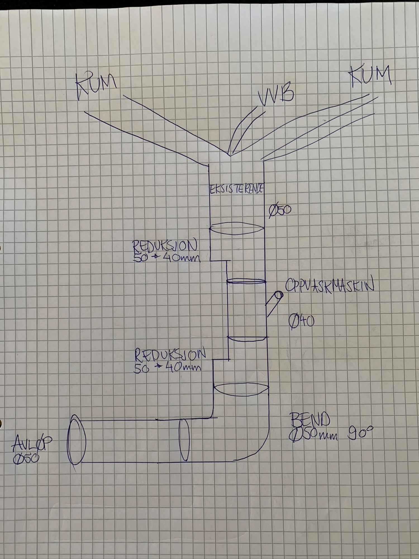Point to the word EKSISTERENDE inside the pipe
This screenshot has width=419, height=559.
coord(237,190)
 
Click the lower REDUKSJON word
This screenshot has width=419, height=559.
coord(170,354)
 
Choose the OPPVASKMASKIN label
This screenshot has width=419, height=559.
coord(330,286)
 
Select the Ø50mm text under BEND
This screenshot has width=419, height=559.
coord(313,435)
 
